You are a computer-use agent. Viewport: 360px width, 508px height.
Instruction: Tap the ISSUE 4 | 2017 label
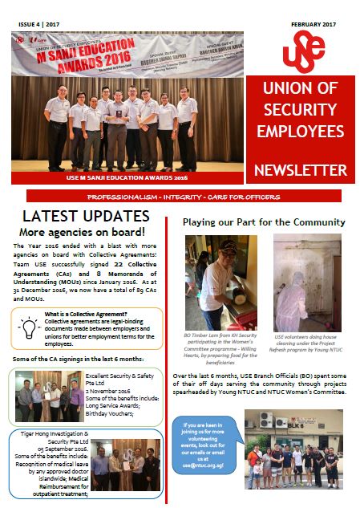(x=39, y=25)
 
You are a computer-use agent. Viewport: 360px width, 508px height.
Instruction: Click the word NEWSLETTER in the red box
(x=300, y=170)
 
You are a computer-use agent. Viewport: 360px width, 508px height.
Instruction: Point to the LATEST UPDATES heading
(x=86, y=217)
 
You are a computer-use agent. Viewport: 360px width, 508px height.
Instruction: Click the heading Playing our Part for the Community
(x=264, y=221)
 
